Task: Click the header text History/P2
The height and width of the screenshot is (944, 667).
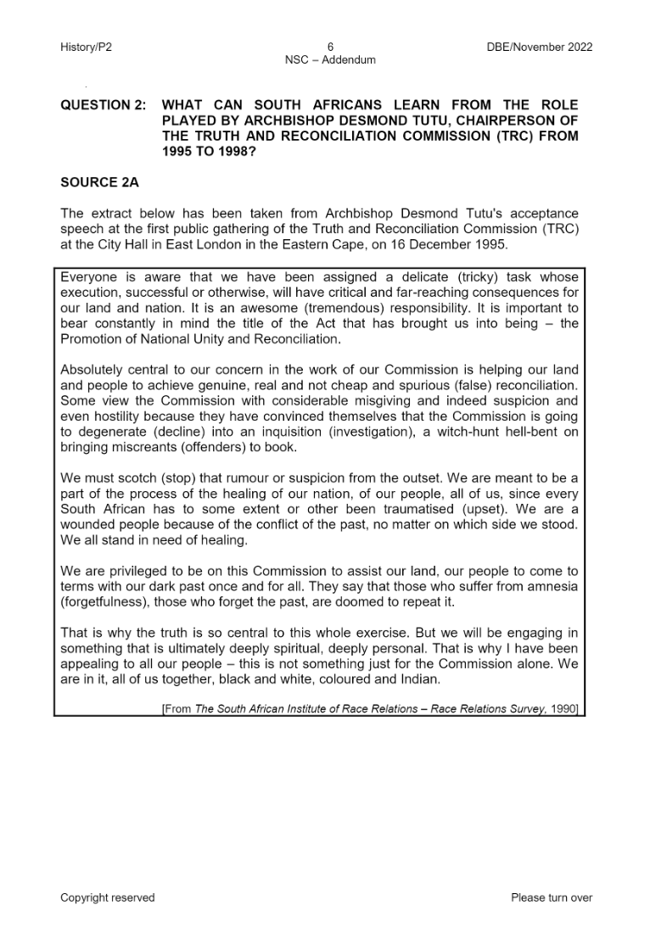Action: [x=86, y=47]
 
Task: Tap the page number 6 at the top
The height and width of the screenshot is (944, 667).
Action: [x=330, y=47]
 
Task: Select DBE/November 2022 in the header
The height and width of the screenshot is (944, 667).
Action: [x=540, y=47]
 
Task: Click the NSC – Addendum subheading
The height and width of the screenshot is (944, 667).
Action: [x=330, y=59]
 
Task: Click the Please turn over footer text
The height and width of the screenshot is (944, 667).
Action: [x=552, y=897]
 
